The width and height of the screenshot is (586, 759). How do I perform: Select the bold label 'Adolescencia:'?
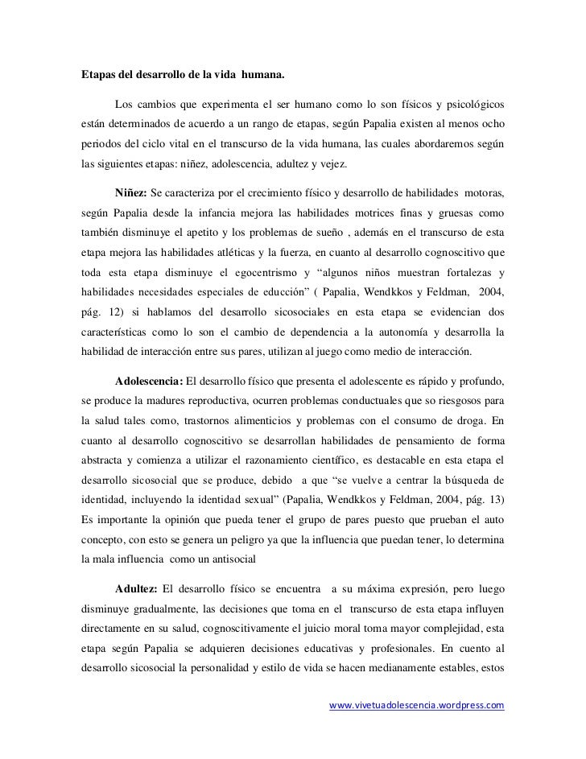click(x=149, y=381)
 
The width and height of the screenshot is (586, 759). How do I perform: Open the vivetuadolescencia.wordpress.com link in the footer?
click(x=418, y=705)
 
